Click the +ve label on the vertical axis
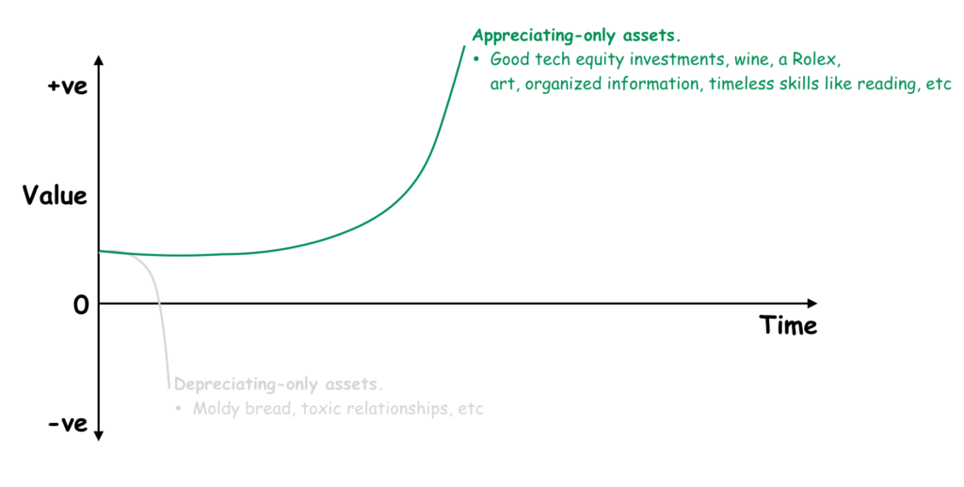(x=68, y=86)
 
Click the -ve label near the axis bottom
(x=68, y=424)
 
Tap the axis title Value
(x=56, y=196)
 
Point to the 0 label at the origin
(x=81, y=305)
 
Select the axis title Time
(x=788, y=325)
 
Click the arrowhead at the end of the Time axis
(x=812, y=304)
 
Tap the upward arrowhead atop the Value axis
(x=99, y=60)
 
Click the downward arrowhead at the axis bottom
(x=99, y=435)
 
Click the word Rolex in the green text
(x=813, y=59)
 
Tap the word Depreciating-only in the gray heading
(x=247, y=385)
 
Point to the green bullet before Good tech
(x=475, y=60)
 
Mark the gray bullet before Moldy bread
(x=178, y=408)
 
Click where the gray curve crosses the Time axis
(x=159, y=304)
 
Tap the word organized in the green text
(x=563, y=84)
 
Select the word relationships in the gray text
(x=394, y=409)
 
